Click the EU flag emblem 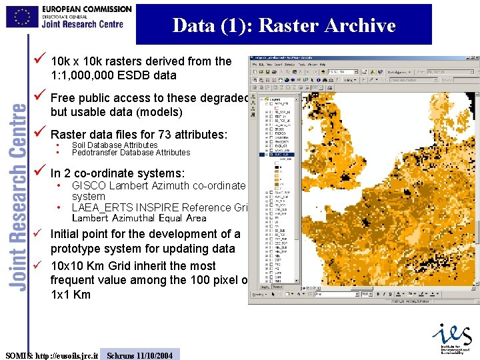click(23, 17)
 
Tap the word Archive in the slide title click(360, 25)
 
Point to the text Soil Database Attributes click(115, 145)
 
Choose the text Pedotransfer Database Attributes click(131, 152)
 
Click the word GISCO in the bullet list click(89, 185)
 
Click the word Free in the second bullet click(63, 98)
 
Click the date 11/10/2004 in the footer click(154, 355)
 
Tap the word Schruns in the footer click(121, 355)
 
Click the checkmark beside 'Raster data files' click(40, 133)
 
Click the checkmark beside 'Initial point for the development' click(40, 233)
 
